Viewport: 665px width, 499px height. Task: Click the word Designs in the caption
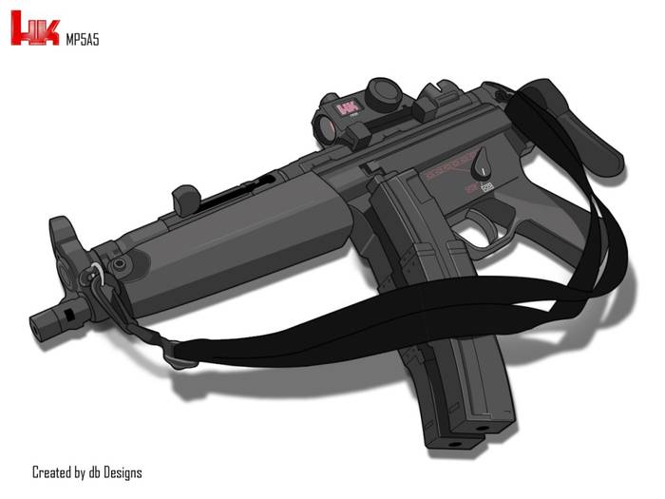(x=122, y=472)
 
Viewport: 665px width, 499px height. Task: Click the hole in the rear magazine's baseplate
(x=482, y=429)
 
